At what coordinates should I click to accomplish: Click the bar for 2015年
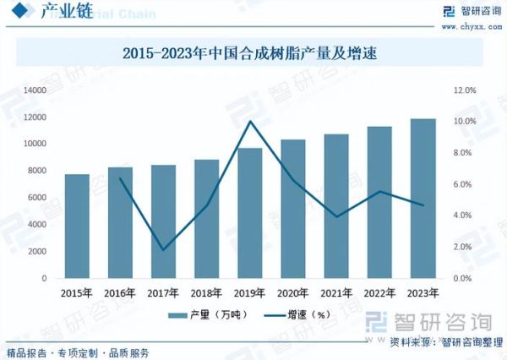pyautogui.click(x=77, y=226)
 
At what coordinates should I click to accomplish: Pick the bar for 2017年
pyautogui.click(x=163, y=221)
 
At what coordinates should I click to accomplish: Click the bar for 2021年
pyautogui.click(x=336, y=205)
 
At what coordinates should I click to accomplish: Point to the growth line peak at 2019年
pyautogui.click(x=249, y=122)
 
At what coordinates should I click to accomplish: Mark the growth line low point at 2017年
pyautogui.click(x=163, y=250)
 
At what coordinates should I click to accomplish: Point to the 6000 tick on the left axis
pyautogui.click(x=36, y=198)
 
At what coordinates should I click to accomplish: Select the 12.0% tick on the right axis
pyautogui.click(x=467, y=90)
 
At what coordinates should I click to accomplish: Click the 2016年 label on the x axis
pyautogui.click(x=120, y=293)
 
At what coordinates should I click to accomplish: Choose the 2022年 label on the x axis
pyautogui.click(x=379, y=293)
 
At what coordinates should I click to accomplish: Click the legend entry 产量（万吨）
pyautogui.click(x=202, y=315)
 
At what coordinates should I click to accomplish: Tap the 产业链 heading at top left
pyautogui.click(x=52, y=13)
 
